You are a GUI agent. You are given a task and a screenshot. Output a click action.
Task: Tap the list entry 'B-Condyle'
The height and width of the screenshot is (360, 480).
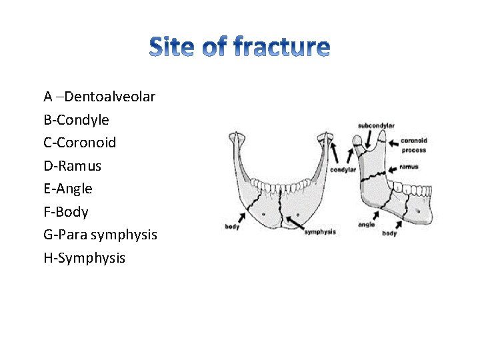pyautogui.click(x=76, y=120)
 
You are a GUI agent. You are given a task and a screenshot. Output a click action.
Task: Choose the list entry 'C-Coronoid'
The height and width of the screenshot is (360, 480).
pyautogui.click(x=79, y=143)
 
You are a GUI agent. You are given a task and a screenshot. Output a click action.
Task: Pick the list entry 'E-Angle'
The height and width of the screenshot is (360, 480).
pyautogui.click(x=68, y=189)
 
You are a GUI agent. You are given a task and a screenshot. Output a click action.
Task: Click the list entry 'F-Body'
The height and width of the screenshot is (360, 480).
pyautogui.click(x=65, y=212)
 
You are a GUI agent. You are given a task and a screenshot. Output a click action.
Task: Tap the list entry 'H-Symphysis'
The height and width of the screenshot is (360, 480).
pyautogui.click(x=84, y=258)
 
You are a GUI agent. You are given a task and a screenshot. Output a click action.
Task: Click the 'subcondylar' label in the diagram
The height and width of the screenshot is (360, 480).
pyautogui.click(x=376, y=125)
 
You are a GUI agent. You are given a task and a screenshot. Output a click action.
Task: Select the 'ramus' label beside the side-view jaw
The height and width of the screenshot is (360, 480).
pyautogui.click(x=409, y=167)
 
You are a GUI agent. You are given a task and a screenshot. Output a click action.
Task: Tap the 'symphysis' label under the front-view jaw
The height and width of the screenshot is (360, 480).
pyautogui.click(x=320, y=232)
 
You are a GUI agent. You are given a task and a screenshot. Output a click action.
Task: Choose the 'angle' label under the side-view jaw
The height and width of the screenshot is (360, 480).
pyautogui.click(x=366, y=225)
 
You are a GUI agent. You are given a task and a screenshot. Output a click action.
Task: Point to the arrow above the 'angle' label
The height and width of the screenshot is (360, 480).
pyautogui.click(x=377, y=215)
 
